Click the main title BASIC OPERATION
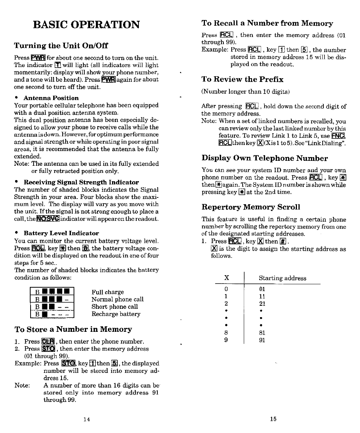point(86,25)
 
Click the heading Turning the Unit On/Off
point(61,46)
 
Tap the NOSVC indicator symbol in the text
point(48,219)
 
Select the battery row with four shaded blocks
point(52,292)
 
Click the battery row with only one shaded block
point(52,314)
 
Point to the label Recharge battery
point(116,314)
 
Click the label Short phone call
point(115,307)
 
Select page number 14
point(86,419)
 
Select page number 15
point(274,419)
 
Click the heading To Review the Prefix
point(242,79)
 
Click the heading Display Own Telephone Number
point(265,158)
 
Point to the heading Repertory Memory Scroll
point(251,207)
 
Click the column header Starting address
point(282,278)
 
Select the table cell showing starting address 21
point(263,304)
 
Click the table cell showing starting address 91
point(263,340)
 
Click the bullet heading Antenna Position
point(51,98)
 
